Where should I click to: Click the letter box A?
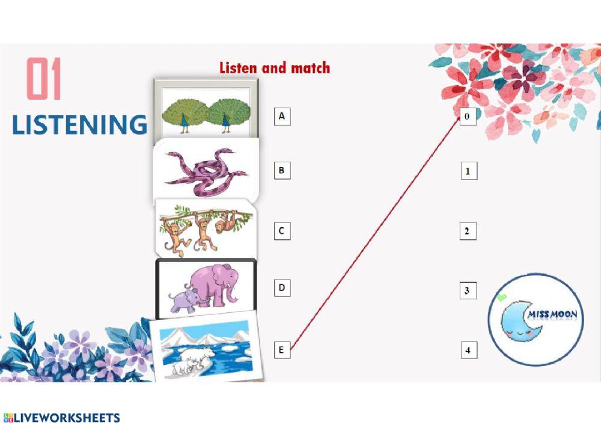pos(282,115)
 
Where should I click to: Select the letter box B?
pos(281,170)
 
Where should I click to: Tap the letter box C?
pos(282,230)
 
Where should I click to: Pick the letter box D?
pos(281,288)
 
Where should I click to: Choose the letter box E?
pos(282,349)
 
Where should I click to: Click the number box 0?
pos(468,116)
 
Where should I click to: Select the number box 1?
pos(468,171)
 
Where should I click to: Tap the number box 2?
pos(468,231)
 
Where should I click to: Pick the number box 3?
pos(468,291)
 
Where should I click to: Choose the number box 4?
pos(469,349)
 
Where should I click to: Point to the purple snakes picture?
pos(206,171)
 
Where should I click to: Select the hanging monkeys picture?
pos(204,228)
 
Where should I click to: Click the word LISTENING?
pos(79,124)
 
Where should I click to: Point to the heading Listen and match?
pos(275,67)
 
